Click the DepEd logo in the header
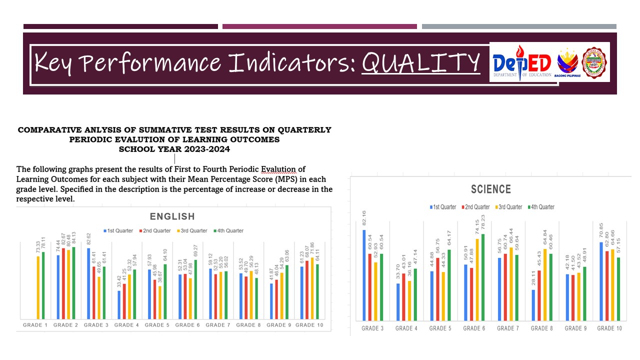pyautogui.click(x=521, y=63)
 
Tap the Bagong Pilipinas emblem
pyautogui.click(x=567, y=63)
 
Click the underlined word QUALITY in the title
pyautogui.click(x=420, y=62)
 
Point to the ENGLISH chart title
pyautogui.click(x=172, y=216)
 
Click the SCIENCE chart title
pyautogui.click(x=491, y=189)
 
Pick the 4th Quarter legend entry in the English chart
pyautogui.click(x=228, y=231)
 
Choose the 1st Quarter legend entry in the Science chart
pyautogui.click(x=443, y=207)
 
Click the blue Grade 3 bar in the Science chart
pyautogui.click(x=364, y=275)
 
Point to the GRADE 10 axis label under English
pyautogui.click(x=309, y=325)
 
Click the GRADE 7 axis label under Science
pyautogui.click(x=506, y=328)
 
